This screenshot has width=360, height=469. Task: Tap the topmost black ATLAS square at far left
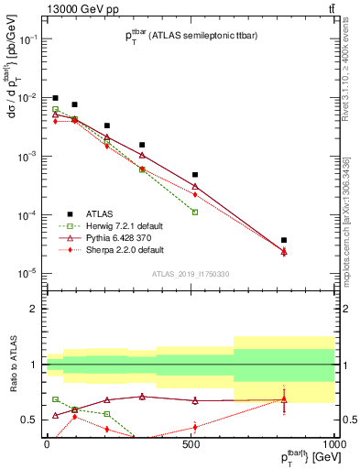pyautogui.click(x=55, y=98)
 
